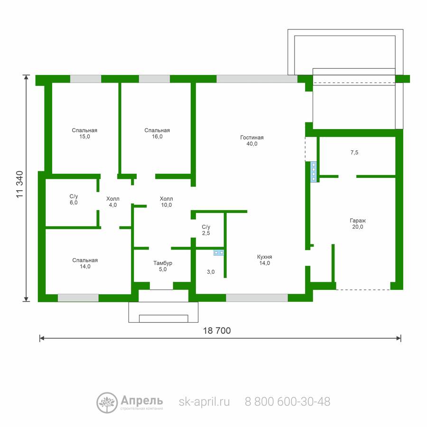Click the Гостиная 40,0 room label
click(x=252, y=140)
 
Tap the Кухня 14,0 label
click(x=264, y=260)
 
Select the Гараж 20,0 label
click(x=358, y=223)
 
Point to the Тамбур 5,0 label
click(x=163, y=266)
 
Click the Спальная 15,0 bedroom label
click(x=84, y=133)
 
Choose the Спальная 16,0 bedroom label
click(x=157, y=133)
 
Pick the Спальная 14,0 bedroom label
click(x=85, y=263)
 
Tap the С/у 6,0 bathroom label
click(x=74, y=199)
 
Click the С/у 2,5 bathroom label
click(x=206, y=230)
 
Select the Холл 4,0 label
click(x=113, y=202)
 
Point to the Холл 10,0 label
click(x=167, y=202)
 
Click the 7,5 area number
click(x=354, y=152)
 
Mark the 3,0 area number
click(x=211, y=272)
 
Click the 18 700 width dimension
click(x=217, y=331)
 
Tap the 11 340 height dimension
click(x=19, y=185)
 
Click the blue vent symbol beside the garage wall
click(x=314, y=172)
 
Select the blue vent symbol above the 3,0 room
click(x=219, y=253)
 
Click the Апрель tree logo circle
click(x=107, y=402)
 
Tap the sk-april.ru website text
click(x=204, y=402)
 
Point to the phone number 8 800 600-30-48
click(x=288, y=402)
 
